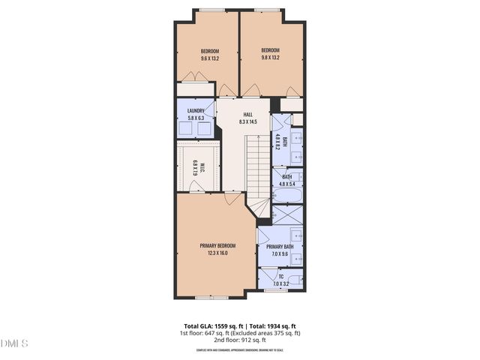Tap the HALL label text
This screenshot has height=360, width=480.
point(247,115)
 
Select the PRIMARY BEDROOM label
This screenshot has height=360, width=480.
point(217,246)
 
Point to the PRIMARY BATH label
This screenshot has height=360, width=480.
point(280,247)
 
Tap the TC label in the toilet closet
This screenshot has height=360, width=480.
point(280,277)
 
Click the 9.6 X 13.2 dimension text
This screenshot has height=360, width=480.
point(209,58)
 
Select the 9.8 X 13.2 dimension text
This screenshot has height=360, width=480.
point(270,58)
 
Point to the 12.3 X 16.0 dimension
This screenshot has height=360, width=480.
point(217,253)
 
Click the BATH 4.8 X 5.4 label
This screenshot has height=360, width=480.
point(286,180)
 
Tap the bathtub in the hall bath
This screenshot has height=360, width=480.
point(287,197)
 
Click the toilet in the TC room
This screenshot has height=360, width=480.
point(297,281)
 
